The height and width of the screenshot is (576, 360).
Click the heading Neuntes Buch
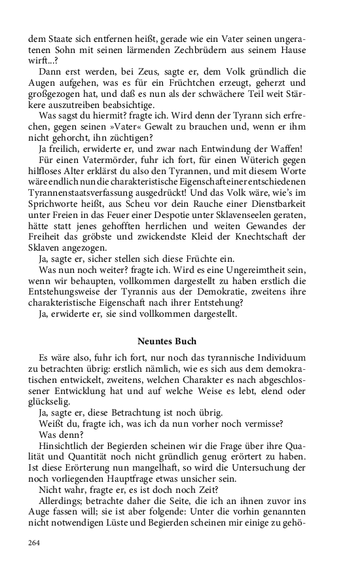(x=167, y=341)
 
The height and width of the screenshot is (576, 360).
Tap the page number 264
(x=34, y=542)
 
